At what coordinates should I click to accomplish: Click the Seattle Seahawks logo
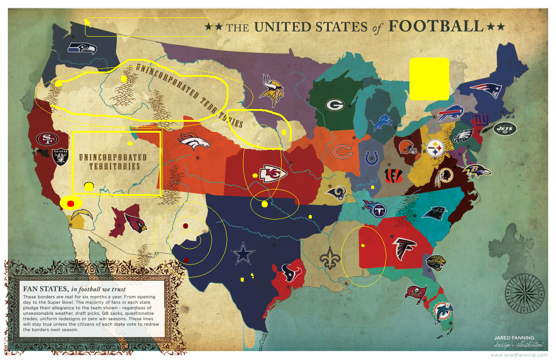(x=82, y=48)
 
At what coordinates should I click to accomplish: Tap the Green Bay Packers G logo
(x=335, y=105)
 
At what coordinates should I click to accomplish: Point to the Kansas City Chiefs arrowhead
(x=273, y=174)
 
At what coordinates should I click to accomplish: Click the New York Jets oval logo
(x=505, y=128)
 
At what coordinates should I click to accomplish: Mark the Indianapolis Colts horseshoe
(x=371, y=158)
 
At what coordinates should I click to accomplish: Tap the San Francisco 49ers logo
(x=46, y=139)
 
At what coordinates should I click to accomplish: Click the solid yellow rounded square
(x=429, y=79)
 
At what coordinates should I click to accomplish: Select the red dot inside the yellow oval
(x=71, y=203)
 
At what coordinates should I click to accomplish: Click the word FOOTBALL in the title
(x=436, y=26)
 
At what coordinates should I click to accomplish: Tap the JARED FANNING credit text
(x=514, y=337)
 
